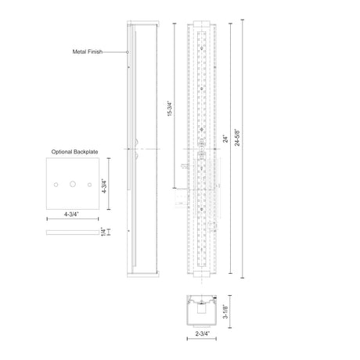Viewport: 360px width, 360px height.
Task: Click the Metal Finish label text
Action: point(88,52)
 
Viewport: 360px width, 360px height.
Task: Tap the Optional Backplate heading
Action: point(74,152)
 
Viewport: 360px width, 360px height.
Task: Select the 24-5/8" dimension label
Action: point(237,137)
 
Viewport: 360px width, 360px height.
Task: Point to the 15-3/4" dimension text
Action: point(170,109)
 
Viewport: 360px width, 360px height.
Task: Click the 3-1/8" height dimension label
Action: point(225,311)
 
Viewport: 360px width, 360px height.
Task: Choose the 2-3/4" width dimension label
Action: point(203,333)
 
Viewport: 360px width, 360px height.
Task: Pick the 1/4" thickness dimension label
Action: point(103,232)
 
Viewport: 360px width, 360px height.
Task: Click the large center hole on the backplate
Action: point(73,184)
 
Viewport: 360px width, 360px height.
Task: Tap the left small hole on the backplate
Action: point(56,185)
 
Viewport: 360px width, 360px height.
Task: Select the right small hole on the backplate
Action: point(89,185)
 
